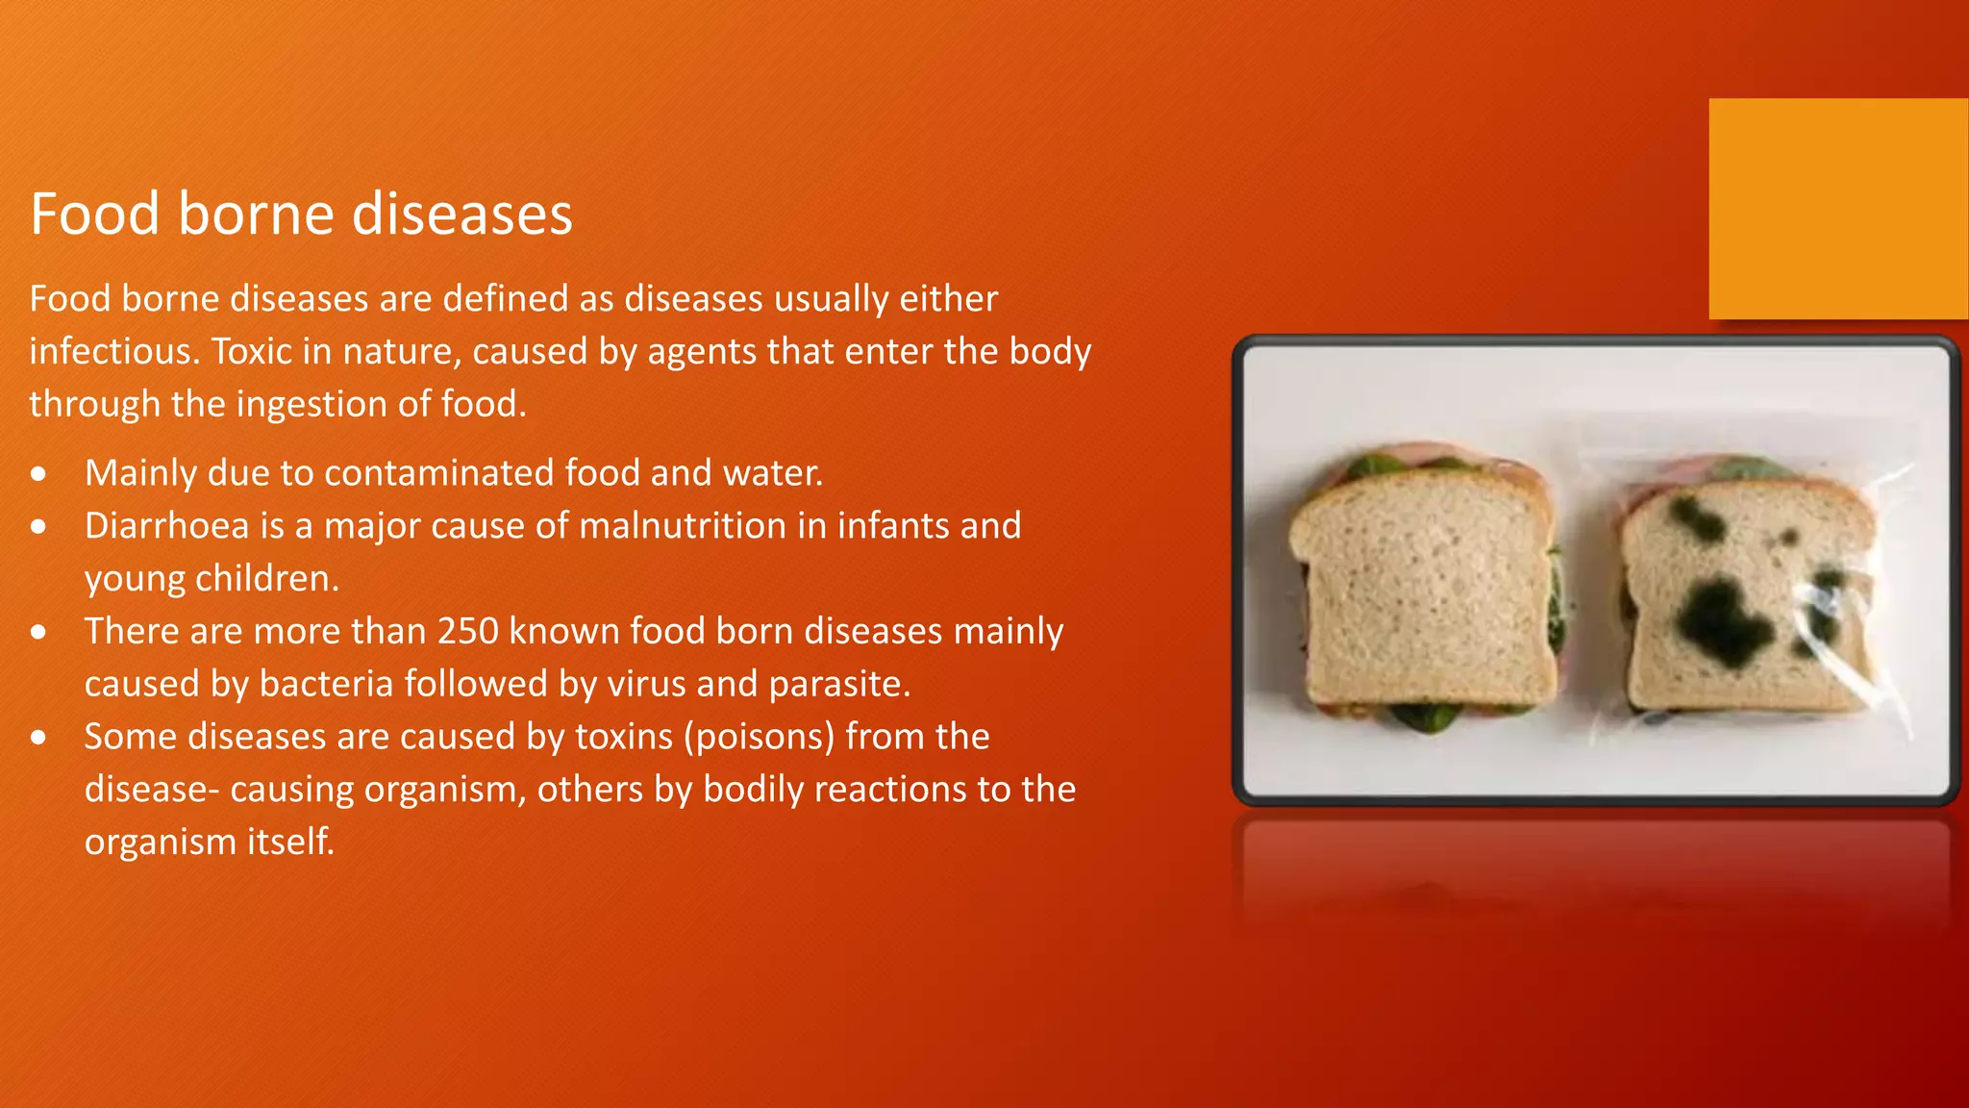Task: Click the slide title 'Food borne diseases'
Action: point(301,214)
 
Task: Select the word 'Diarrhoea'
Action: point(166,526)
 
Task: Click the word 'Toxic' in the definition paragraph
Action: point(252,351)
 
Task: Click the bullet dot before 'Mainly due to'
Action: point(38,474)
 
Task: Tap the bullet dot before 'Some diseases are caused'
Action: point(38,738)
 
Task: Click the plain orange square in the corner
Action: point(1837,208)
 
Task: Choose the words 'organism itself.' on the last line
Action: point(210,842)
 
